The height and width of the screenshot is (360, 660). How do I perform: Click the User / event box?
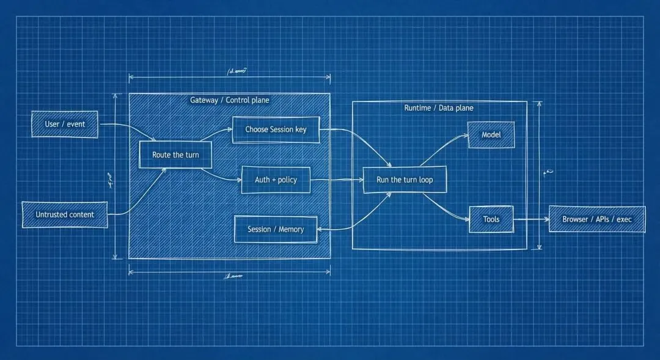[x=65, y=124]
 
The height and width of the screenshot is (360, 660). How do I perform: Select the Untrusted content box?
[x=65, y=215]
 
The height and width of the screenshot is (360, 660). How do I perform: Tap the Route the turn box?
[x=175, y=155]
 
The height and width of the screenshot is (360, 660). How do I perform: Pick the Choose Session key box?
[x=276, y=130]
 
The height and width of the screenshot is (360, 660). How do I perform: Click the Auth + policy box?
[x=276, y=180]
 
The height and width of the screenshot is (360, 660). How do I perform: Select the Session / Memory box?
[x=276, y=229]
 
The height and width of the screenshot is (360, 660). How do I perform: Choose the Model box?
[x=491, y=134]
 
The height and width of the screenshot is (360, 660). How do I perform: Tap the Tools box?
[x=491, y=219]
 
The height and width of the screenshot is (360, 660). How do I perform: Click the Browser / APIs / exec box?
[x=597, y=219]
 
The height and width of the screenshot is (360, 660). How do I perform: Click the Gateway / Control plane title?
[x=229, y=100]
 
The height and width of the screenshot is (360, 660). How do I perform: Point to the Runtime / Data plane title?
[x=439, y=108]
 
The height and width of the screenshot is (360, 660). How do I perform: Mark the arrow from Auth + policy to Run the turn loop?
[x=336, y=180]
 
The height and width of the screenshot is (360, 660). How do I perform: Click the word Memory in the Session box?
[x=291, y=229]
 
